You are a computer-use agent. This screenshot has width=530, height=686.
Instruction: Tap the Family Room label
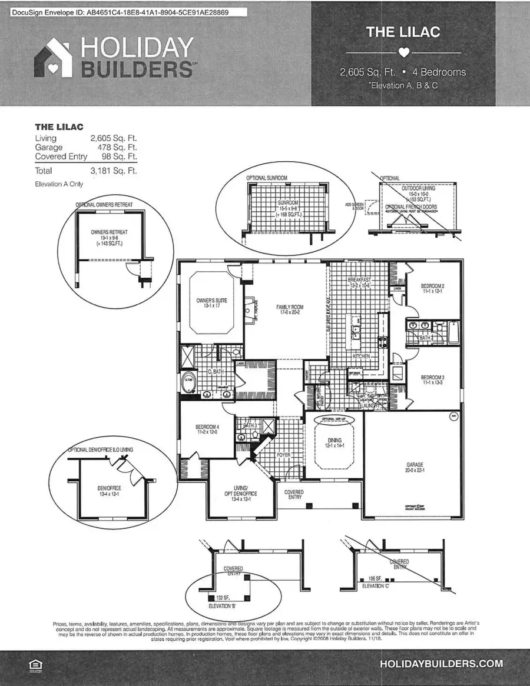289,307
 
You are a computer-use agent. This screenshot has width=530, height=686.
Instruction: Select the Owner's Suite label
211,300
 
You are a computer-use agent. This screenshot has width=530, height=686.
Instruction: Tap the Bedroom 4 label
207,428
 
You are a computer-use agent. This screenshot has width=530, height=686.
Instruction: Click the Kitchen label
361,357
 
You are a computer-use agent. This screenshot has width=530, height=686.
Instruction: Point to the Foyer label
284,455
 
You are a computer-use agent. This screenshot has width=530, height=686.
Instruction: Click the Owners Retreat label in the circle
109,232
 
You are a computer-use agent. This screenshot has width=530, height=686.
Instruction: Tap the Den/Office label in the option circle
109,488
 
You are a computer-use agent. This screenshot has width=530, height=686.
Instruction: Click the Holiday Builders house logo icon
54,58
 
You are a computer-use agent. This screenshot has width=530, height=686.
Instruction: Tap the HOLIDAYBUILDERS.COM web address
442,664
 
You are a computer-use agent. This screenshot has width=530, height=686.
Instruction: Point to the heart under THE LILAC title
403,52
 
